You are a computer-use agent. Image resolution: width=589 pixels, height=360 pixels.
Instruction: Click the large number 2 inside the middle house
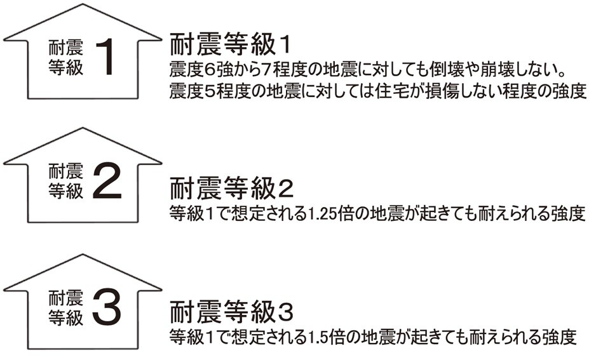pyautogui.click(x=110, y=181)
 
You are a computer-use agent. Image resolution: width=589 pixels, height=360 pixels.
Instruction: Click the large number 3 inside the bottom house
pyautogui.click(x=110, y=307)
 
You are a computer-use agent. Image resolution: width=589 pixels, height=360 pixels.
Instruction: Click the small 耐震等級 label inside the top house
pyautogui.click(x=65, y=58)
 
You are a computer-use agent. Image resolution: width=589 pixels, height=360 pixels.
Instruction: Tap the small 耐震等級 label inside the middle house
pyautogui.click(x=65, y=180)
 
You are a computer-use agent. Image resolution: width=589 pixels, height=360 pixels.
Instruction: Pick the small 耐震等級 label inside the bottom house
pyautogui.click(x=65, y=307)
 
